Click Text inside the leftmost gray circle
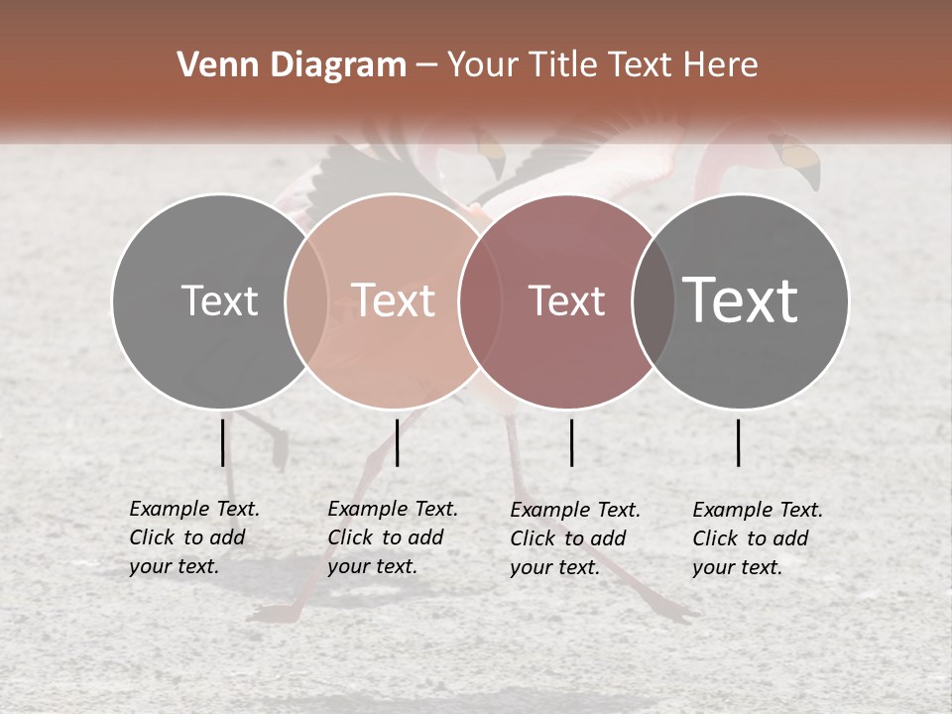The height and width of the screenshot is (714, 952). (x=219, y=300)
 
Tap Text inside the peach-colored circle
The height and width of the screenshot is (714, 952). (x=394, y=300)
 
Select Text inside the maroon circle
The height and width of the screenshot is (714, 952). (x=566, y=301)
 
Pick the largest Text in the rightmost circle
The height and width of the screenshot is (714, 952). (x=741, y=299)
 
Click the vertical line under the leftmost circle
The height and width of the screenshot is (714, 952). (x=223, y=442)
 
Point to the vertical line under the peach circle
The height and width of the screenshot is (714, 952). (x=397, y=442)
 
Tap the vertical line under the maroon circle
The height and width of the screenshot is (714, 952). (x=571, y=442)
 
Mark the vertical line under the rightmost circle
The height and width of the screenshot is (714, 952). (x=739, y=442)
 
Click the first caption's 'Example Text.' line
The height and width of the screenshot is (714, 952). (x=194, y=510)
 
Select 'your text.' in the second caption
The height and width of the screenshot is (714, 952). (x=372, y=567)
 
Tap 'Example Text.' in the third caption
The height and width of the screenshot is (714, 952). (x=575, y=511)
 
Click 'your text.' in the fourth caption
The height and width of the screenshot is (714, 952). (x=737, y=568)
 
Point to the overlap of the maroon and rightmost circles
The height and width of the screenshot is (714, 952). (x=654, y=301)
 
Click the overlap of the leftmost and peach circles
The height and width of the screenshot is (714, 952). (x=305, y=301)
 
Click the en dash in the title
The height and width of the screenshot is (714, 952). (x=426, y=66)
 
